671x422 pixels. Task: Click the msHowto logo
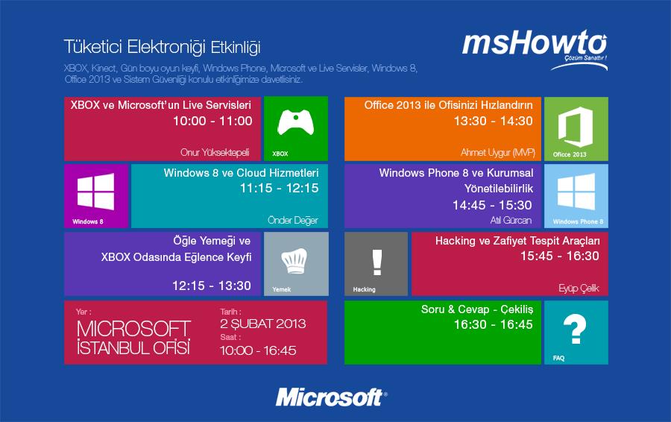coord(535,48)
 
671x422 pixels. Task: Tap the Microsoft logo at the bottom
coord(331,397)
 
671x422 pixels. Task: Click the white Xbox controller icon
coord(296,122)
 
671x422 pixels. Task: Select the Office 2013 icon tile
coord(576,129)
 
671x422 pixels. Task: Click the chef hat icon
coord(294,261)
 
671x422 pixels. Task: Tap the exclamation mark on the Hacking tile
coord(377,262)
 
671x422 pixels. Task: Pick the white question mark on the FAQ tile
coord(575,328)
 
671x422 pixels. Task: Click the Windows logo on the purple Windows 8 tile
coord(96,192)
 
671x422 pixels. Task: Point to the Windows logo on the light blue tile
coord(576,192)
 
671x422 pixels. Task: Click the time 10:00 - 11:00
coord(212,121)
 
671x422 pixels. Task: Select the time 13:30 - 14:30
coord(494,121)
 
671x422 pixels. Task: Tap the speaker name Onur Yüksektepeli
coord(215,152)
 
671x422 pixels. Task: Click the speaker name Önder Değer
coord(293,221)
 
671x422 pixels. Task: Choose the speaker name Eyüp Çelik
coord(579,289)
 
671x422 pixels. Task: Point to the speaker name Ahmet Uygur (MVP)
coord(498,152)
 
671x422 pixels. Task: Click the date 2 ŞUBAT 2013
coord(262,324)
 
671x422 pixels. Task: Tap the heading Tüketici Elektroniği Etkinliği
coord(163,47)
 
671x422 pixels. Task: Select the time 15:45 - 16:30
coord(560,256)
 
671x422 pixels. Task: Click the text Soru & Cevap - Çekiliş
coord(477,309)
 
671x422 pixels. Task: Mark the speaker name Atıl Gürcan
coord(511,220)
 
